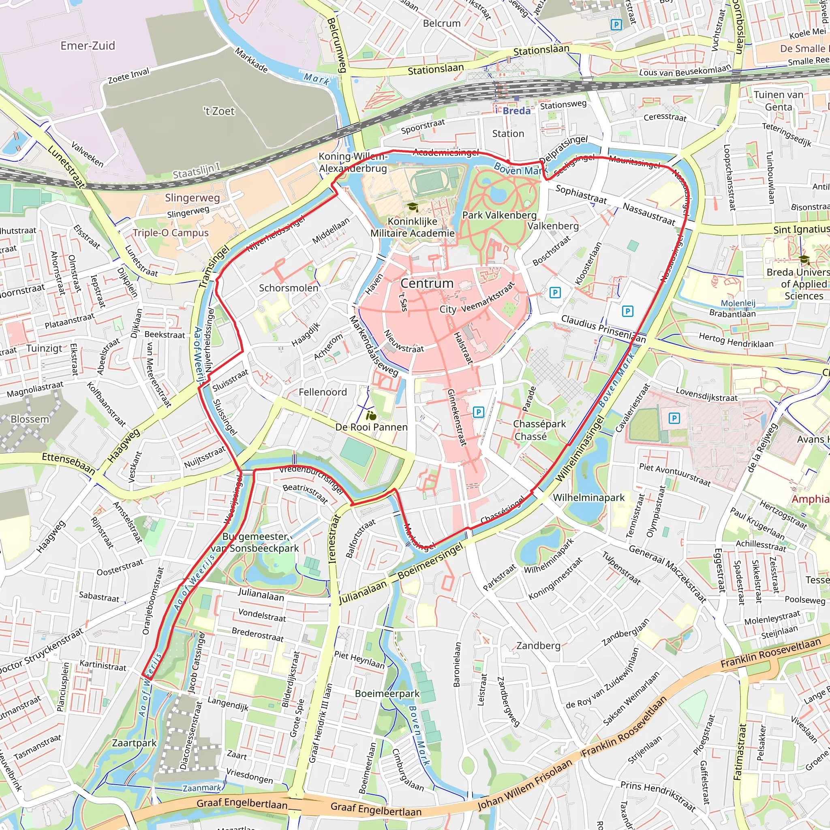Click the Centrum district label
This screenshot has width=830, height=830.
(427, 284)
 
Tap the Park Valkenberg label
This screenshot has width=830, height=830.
(499, 215)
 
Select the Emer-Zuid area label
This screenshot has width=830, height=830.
(88, 46)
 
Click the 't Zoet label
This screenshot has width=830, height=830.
(219, 111)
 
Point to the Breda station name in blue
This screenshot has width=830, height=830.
(516, 111)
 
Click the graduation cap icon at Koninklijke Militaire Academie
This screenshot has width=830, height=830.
(413, 207)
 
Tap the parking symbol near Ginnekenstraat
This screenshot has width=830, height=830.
(478, 413)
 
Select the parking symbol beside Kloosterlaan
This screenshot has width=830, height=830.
(555, 293)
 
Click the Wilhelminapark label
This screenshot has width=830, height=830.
(588, 498)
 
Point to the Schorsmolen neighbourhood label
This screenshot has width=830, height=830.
(288, 288)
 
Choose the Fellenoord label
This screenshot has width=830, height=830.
(323, 392)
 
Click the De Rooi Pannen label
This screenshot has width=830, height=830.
(371, 427)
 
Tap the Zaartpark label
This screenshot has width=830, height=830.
(134, 743)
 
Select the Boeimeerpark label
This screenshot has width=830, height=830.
(387, 693)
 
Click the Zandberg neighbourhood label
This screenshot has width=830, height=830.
(538, 645)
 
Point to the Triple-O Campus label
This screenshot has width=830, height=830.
(171, 233)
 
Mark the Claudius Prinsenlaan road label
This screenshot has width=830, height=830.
(603, 329)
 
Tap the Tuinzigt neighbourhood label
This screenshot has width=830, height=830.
(44, 348)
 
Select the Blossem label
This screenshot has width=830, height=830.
(30, 419)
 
